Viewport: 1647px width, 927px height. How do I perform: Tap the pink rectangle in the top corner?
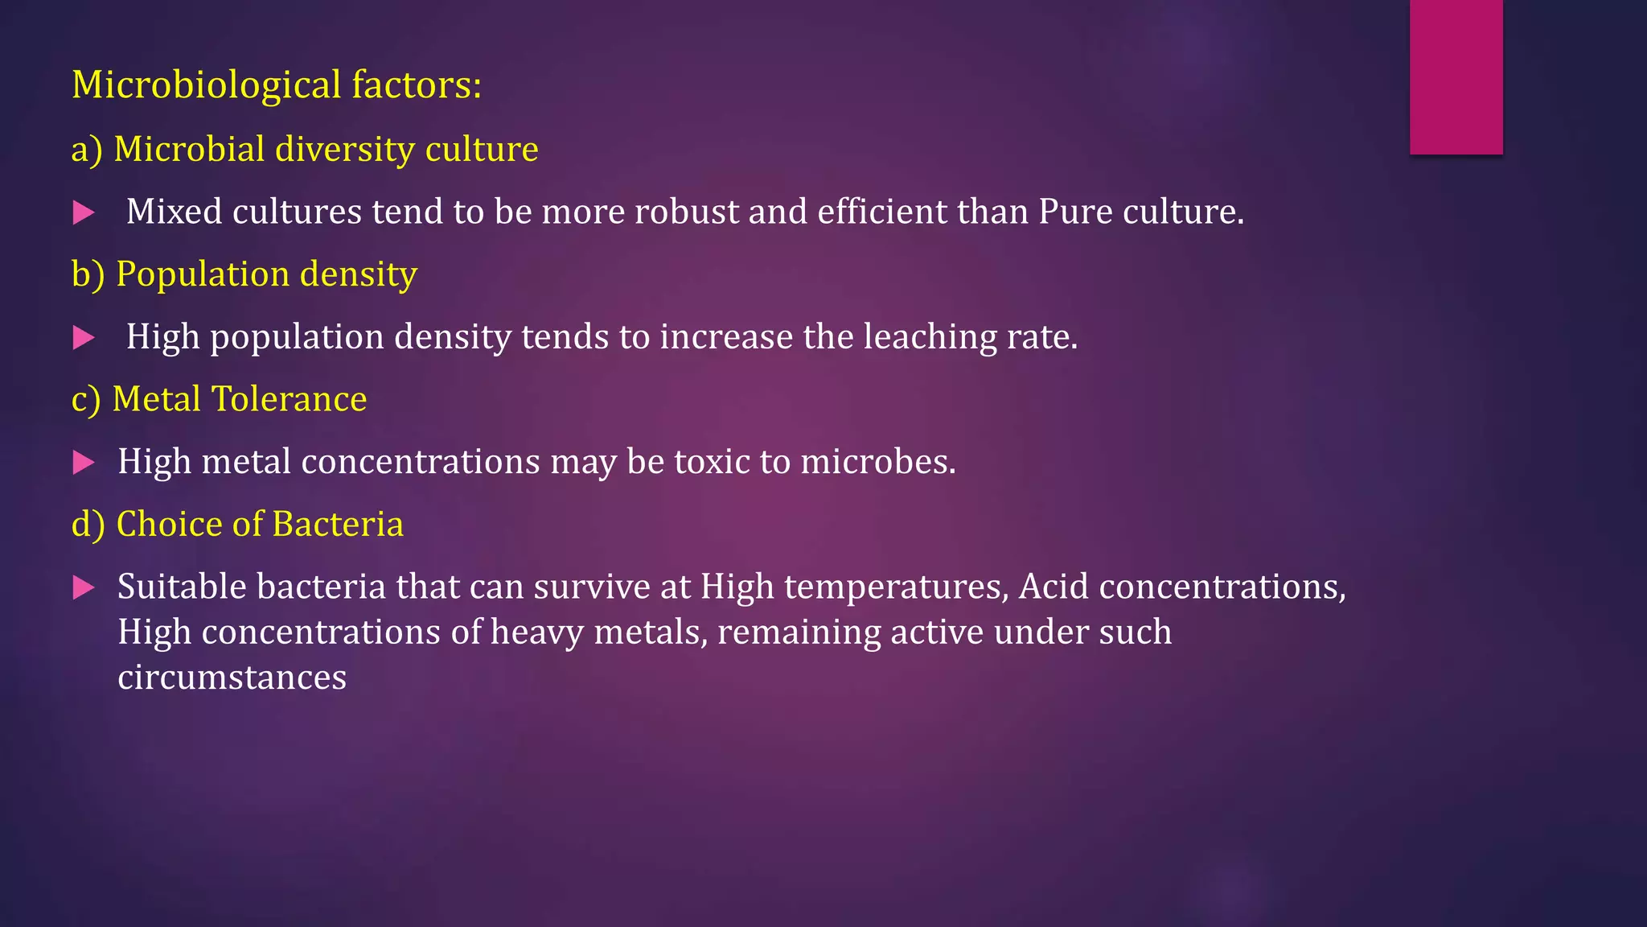tap(1456, 77)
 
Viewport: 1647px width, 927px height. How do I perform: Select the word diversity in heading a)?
tap(344, 150)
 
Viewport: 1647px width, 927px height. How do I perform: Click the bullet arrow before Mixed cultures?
tap(84, 212)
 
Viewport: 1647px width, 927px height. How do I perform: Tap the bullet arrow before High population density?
tap(84, 337)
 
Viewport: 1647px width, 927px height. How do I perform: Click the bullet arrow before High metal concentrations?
tap(84, 462)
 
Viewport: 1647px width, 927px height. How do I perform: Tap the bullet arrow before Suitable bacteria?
tap(84, 587)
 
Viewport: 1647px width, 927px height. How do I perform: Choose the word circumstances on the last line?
tap(232, 678)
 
